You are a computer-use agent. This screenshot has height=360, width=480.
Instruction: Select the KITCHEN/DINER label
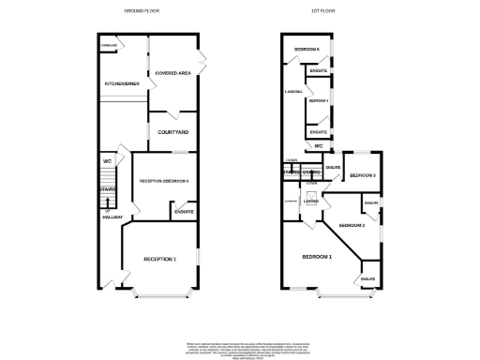(x=122, y=84)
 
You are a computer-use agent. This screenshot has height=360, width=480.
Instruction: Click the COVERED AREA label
(x=172, y=71)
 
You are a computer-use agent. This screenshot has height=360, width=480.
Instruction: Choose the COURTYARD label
(x=173, y=132)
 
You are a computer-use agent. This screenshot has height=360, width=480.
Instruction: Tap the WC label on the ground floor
(x=108, y=161)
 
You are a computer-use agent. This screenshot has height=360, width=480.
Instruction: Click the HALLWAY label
(x=112, y=217)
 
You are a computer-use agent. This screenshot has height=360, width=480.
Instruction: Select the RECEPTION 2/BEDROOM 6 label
(x=164, y=180)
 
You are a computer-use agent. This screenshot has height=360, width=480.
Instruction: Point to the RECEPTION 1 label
(x=159, y=258)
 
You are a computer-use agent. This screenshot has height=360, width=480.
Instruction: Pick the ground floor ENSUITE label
(x=184, y=212)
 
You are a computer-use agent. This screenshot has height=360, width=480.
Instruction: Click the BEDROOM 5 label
(x=307, y=49)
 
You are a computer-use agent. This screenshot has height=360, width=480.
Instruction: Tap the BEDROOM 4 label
(x=319, y=100)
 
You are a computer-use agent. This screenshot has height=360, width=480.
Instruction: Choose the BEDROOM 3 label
(x=363, y=175)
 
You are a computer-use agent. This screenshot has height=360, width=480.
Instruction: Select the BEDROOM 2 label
(x=352, y=226)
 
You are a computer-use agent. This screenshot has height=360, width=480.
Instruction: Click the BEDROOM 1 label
(x=317, y=256)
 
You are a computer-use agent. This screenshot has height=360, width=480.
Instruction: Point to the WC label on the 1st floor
(x=319, y=146)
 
